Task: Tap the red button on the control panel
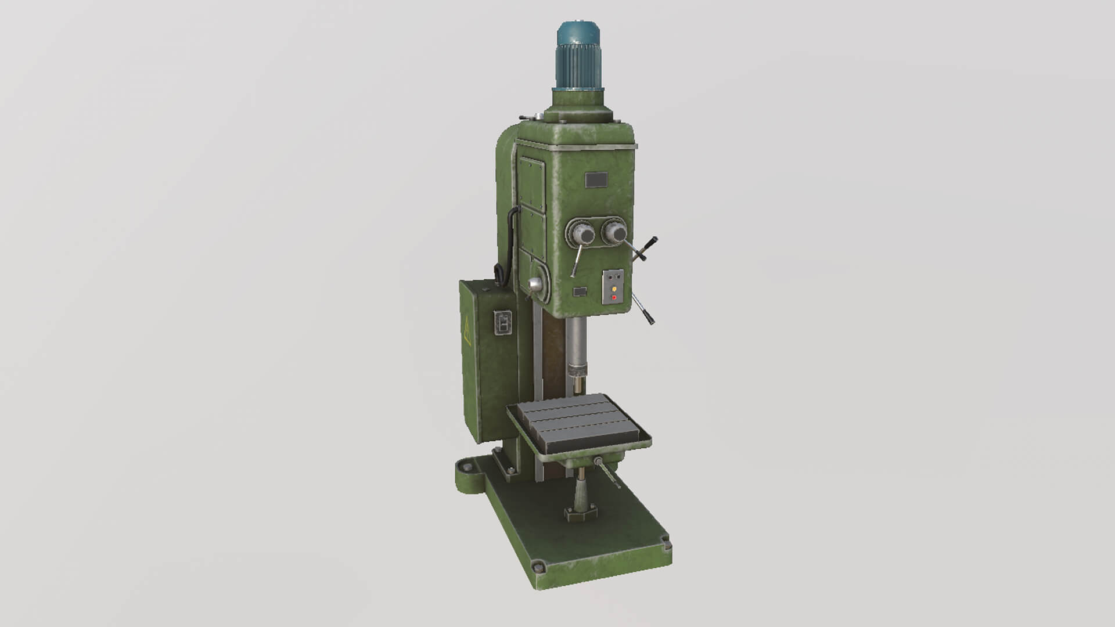click(x=614, y=298)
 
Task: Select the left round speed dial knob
click(x=583, y=235)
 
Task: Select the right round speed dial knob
click(x=615, y=233)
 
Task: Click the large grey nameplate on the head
click(x=596, y=180)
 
